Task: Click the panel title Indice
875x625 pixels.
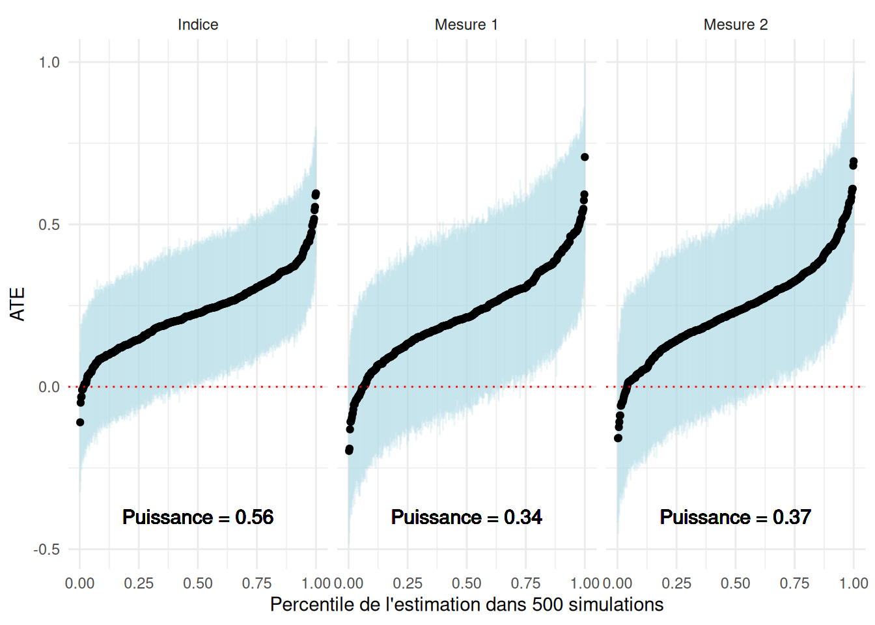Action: coord(198,25)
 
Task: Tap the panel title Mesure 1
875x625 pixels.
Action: coord(466,25)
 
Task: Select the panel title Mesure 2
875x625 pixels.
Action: coord(736,25)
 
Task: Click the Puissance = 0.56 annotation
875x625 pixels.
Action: coord(198,517)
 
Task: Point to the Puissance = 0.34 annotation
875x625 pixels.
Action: coord(466,517)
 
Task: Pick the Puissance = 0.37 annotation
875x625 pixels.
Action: coord(736,517)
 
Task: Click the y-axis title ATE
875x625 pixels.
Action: coord(18,304)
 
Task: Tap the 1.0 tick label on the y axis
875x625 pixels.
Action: coord(49,62)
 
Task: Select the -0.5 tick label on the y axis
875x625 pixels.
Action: coord(46,549)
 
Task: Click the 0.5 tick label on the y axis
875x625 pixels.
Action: coord(49,225)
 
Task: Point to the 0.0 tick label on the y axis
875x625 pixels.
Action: coord(49,387)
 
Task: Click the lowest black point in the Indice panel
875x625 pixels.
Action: coord(80,423)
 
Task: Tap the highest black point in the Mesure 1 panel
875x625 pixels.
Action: coord(585,157)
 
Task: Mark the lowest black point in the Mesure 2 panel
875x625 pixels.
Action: coord(618,438)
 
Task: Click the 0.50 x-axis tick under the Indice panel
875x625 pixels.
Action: coord(198,583)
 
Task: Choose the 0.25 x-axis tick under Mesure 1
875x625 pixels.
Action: coord(408,583)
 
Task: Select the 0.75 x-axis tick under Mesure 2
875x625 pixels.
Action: coord(794,583)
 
